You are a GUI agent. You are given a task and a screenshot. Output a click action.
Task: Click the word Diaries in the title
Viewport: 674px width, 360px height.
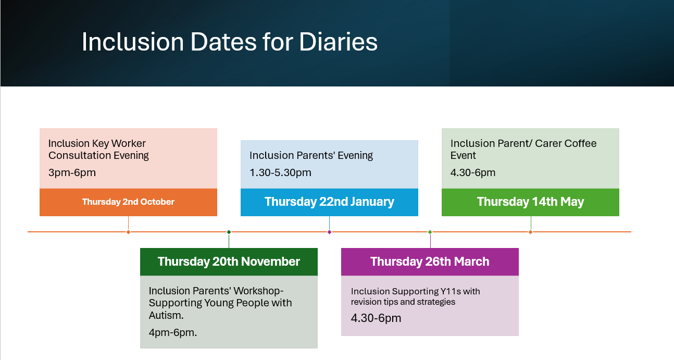338,42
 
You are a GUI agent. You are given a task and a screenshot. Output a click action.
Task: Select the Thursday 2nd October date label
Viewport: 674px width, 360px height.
128,202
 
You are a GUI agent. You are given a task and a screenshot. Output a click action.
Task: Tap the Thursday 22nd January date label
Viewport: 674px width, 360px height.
329,202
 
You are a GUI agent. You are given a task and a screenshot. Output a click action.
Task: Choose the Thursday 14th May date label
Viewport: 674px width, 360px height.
530,202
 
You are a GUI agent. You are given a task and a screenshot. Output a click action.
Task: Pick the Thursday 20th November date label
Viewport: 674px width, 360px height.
229,262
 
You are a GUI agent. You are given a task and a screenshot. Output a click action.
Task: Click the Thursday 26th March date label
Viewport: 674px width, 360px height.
430,262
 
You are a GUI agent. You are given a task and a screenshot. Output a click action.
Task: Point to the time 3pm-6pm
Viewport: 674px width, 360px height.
72,173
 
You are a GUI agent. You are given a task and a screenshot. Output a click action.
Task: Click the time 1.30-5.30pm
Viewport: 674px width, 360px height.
280,173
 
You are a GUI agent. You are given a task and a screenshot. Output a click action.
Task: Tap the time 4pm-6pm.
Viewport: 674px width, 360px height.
173,332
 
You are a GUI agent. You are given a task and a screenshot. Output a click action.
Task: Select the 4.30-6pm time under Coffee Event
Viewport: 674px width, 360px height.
473,173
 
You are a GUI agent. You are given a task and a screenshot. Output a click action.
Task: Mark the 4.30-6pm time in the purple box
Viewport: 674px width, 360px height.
376,318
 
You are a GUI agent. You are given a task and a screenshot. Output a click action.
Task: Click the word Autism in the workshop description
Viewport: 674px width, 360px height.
165,315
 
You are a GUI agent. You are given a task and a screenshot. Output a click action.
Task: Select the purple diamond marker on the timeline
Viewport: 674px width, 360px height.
329,232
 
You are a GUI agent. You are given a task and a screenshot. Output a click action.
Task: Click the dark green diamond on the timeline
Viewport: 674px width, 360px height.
229,232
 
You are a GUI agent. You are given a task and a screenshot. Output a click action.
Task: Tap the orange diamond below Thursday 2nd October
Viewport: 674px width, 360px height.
128,232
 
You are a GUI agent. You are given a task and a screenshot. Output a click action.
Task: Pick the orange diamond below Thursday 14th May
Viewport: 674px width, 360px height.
530,232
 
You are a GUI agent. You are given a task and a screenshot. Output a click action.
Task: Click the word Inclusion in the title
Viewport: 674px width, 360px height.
133,42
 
